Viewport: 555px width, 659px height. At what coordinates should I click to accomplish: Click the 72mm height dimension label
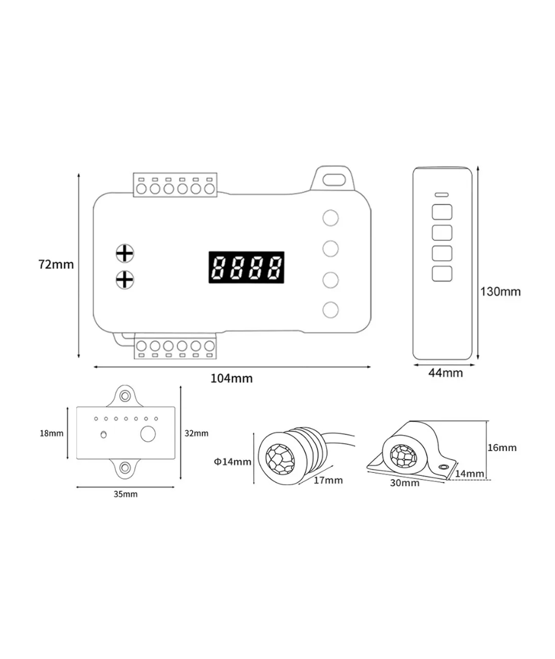56,265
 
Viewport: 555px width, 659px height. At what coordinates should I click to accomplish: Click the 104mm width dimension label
231,378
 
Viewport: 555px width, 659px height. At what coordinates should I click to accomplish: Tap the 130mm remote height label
501,292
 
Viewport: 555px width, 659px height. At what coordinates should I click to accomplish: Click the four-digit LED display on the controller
246,267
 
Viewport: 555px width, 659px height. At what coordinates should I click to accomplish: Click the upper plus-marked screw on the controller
124,253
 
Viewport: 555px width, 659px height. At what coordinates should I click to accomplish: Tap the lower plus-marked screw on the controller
124,279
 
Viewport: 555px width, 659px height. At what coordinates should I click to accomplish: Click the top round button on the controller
331,218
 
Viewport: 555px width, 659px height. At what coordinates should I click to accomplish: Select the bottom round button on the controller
331,309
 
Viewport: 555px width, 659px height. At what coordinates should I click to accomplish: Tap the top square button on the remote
442,212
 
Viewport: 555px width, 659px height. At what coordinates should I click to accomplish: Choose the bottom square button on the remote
442,273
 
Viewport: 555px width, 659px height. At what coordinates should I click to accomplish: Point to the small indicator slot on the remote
442,195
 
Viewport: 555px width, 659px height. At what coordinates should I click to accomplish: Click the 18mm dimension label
51,434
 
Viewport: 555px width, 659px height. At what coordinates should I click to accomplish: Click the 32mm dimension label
196,433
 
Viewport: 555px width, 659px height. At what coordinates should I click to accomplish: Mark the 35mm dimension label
126,494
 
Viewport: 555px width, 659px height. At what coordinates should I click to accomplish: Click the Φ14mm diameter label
232,462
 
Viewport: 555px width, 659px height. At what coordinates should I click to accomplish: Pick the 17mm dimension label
328,480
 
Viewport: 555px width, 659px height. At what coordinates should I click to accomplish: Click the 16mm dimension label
502,447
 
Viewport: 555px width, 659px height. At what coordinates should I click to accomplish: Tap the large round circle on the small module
149,434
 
